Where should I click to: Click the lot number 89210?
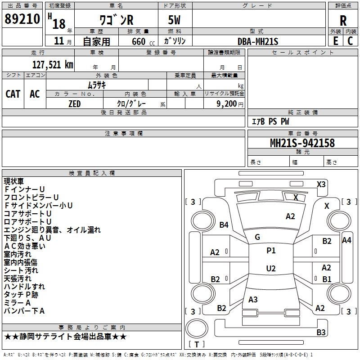tap(22, 19)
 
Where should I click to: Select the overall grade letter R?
tap(343, 21)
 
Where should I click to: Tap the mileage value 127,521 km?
tap(53, 65)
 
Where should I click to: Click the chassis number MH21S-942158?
tap(302, 143)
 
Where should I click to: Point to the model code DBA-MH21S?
tap(258, 41)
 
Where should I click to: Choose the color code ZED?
tap(75, 104)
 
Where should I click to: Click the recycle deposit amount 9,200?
tap(227, 104)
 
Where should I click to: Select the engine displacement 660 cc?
tap(143, 41)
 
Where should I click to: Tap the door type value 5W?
tap(174, 20)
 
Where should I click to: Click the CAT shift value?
tap(13, 94)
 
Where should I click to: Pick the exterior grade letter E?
tap(336, 41)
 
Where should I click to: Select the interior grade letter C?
tap(350, 41)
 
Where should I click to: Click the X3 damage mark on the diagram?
tap(321, 184)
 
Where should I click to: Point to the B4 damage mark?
tap(224, 225)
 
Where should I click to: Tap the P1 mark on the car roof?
tap(271, 250)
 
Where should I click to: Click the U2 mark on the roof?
tap(271, 268)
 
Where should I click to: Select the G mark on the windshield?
tap(257, 237)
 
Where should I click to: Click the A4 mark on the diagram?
tap(346, 240)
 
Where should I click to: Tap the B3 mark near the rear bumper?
tap(321, 332)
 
